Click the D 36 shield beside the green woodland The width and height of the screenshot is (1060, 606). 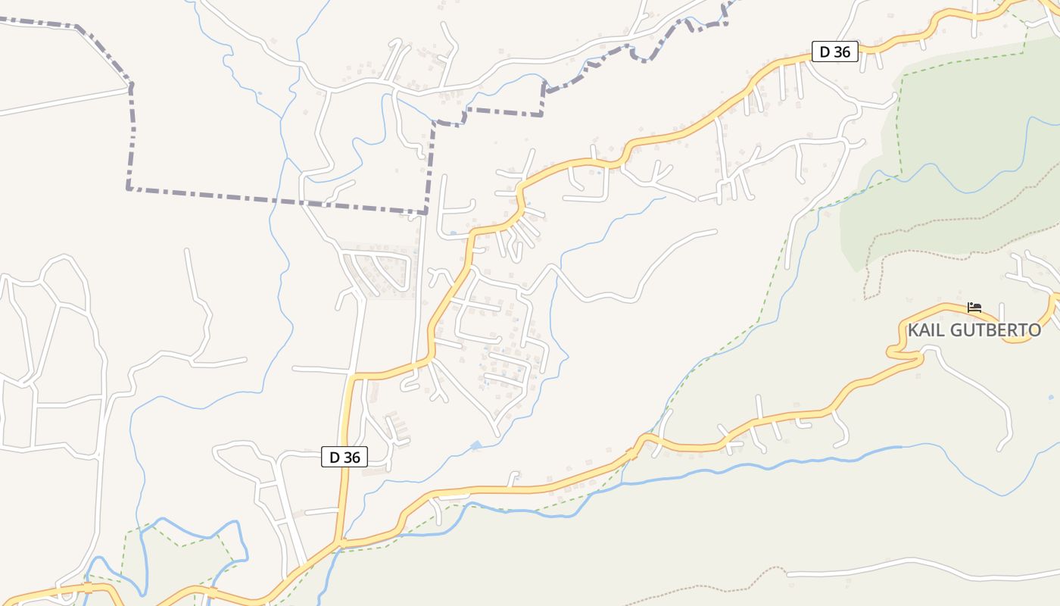click(835, 52)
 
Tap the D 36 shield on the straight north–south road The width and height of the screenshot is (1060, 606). click(345, 457)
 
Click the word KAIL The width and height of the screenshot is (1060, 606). click(928, 330)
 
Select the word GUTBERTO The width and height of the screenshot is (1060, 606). click(997, 330)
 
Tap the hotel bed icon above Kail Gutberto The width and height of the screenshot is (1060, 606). click(974, 308)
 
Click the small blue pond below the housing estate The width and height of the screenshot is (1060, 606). click(475, 445)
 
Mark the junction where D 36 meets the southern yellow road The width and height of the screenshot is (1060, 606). click(340, 542)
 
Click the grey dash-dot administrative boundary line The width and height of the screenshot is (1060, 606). click(273, 200)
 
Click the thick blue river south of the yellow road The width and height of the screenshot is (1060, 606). click(757, 465)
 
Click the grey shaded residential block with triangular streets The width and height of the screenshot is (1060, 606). click(379, 269)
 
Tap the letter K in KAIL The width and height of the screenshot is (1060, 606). click(913, 330)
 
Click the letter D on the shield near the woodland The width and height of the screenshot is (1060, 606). click(825, 52)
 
